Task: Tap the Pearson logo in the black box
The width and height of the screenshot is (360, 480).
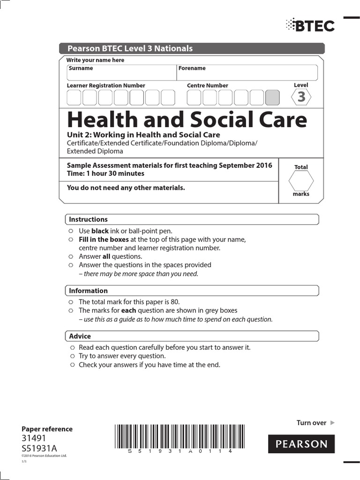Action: point(301,444)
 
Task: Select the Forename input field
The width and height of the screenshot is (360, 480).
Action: point(247,73)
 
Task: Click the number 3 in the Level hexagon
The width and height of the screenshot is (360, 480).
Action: point(301,97)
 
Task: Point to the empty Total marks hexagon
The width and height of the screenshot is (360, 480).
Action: point(301,181)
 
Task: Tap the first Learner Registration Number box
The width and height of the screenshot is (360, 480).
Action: point(74,97)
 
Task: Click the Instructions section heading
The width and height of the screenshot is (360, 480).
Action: point(88,219)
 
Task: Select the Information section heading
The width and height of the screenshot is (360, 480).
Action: point(88,291)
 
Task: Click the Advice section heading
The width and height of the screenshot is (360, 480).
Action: point(80,336)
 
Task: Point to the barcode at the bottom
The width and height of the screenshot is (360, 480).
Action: point(172,436)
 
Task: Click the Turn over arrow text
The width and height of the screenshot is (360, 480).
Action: point(315,423)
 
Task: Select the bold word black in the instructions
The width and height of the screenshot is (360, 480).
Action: point(100,231)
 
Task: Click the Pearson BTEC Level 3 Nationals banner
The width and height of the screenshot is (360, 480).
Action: point(192,48)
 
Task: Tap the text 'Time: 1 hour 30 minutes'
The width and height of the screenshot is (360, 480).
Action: point(105,173)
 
